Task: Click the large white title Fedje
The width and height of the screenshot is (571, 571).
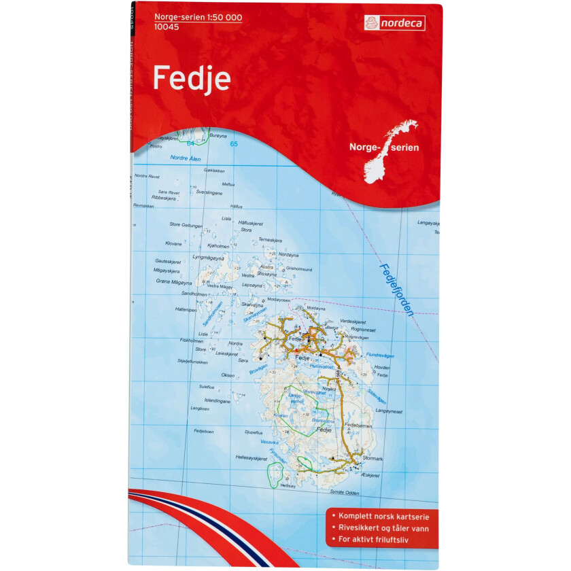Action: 192,79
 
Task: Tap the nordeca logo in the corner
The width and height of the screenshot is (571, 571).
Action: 396,22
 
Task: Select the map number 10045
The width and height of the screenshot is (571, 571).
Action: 166,28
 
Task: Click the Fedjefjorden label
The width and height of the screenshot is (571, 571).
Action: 397,289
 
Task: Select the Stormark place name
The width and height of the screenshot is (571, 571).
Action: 373,459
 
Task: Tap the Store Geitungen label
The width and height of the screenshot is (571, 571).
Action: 186,224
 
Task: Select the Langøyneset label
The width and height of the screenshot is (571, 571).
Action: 390,411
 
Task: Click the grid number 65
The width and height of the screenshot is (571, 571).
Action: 234,144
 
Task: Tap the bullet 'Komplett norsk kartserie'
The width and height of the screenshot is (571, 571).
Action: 382,516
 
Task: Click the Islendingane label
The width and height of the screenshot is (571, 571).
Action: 217,400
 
